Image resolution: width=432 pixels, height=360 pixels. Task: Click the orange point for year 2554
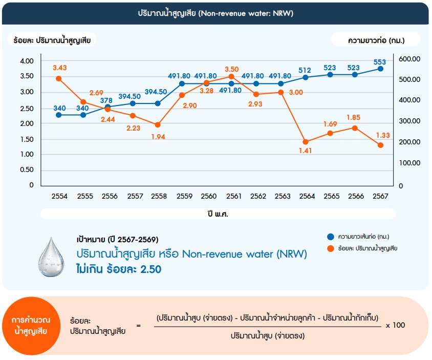click(x=59, y=78)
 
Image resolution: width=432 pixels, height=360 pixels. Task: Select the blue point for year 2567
click(x=380, y=69)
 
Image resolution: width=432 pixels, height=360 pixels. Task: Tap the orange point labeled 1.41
click(x=306, y=142)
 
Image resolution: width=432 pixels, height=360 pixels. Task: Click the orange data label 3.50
click(x=231, y=69)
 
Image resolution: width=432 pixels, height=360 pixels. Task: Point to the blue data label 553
click(x=380, y=62)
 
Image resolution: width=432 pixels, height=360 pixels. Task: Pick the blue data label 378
click(x=106, y=100)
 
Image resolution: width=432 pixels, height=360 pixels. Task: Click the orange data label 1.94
click(x=158, y=136)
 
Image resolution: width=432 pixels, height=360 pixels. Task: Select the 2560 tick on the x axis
click(x=207, y=196)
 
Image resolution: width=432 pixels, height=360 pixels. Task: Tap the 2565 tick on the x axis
click(x=330, y=196)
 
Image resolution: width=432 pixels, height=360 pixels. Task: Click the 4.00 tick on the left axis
click(x=27, y=61)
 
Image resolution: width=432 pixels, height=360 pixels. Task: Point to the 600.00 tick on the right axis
click(x=409, y=59)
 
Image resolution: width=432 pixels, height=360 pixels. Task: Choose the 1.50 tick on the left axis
click(x=27, y=139)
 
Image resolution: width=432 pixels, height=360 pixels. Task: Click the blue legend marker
click(x=330, y=237)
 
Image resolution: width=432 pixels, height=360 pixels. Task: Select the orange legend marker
click(x=330, y=248)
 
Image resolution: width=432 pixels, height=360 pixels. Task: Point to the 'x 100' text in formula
click(x=395, y=325)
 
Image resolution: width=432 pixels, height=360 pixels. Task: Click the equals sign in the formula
click(x=138, y=326)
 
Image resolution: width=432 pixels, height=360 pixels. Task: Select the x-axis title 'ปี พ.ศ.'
click(x=215, y=214)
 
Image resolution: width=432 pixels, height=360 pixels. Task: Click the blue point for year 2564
click(x=306, y=77)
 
